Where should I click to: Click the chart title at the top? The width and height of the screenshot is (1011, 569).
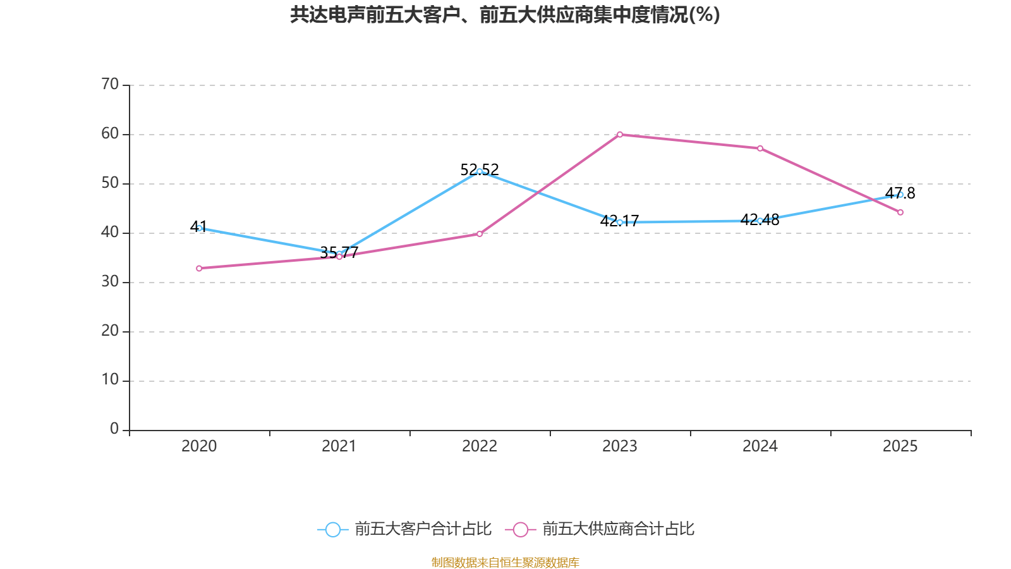tap(505, 15)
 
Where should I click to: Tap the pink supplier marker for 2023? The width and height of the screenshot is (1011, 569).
tap(620, 135)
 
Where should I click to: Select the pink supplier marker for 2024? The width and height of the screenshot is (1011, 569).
tap(760, 149)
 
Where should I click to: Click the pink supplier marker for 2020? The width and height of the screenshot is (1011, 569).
tap(199, 268)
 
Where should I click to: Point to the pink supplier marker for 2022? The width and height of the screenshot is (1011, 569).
tap(480, 234)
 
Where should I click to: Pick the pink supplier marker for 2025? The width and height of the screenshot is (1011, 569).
tap(900, 212)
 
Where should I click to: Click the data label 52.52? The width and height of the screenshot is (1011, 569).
tap(480, 170)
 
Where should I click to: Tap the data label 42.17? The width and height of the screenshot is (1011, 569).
tap(620, 221)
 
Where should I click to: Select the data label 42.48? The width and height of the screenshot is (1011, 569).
tap(760, 219)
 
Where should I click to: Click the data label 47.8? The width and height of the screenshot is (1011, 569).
tap(900, 193)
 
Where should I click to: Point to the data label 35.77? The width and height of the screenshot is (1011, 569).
tap(339, 252)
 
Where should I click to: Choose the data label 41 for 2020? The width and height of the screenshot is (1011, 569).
tap(198, 227)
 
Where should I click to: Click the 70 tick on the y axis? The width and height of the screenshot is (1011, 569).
tap(110, 85)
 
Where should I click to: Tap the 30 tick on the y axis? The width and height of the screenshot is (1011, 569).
tap(110, 282)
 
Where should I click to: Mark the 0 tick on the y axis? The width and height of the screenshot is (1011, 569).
tap(114, 429)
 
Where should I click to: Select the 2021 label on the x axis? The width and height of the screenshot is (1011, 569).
tap(339, 446)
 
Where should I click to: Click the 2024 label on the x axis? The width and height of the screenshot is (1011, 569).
tap(760, 446)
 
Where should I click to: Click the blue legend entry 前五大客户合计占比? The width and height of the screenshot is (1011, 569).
tap(404, 529)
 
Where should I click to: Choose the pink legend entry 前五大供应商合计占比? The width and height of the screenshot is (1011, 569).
tap(600, 529)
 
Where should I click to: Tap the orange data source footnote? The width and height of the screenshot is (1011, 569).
tap(505, 562)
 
